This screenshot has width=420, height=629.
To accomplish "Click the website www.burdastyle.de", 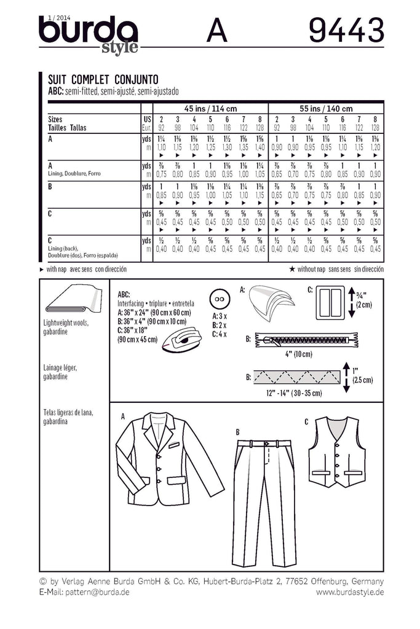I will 349,592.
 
